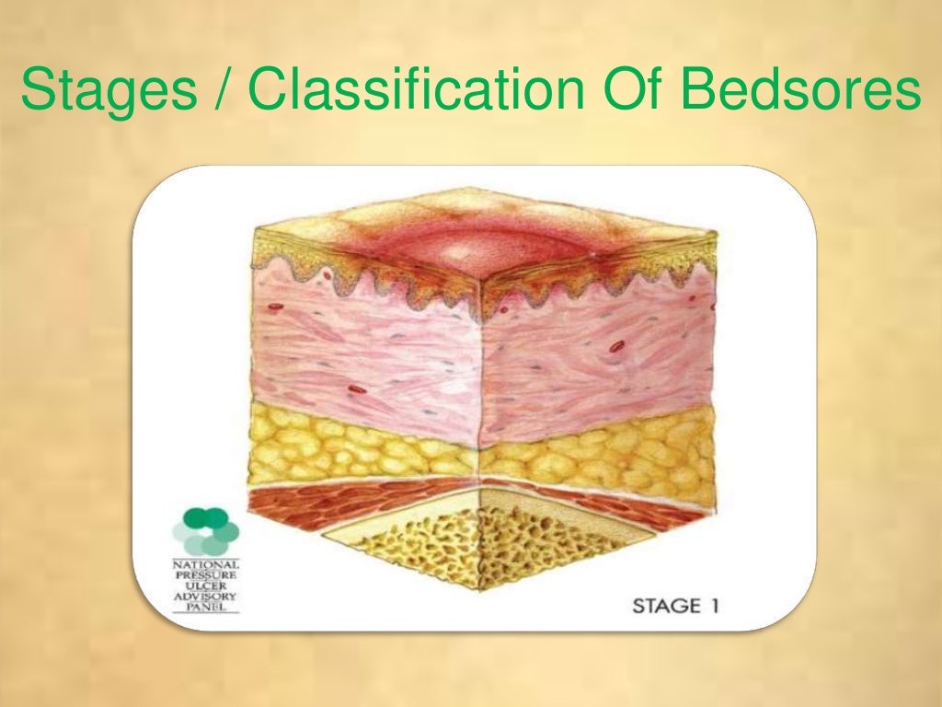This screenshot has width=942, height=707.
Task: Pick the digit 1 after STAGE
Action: click(712, 607)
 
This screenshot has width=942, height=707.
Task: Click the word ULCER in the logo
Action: click(206, 586)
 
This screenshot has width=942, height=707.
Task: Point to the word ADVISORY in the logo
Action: click(206, 597)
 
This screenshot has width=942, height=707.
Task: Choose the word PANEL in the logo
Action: click(206, 608)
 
